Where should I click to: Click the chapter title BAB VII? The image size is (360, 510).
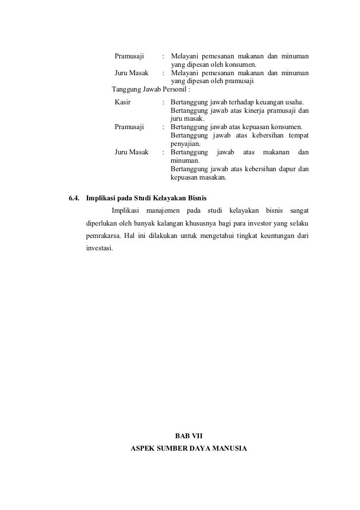point(189,437)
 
